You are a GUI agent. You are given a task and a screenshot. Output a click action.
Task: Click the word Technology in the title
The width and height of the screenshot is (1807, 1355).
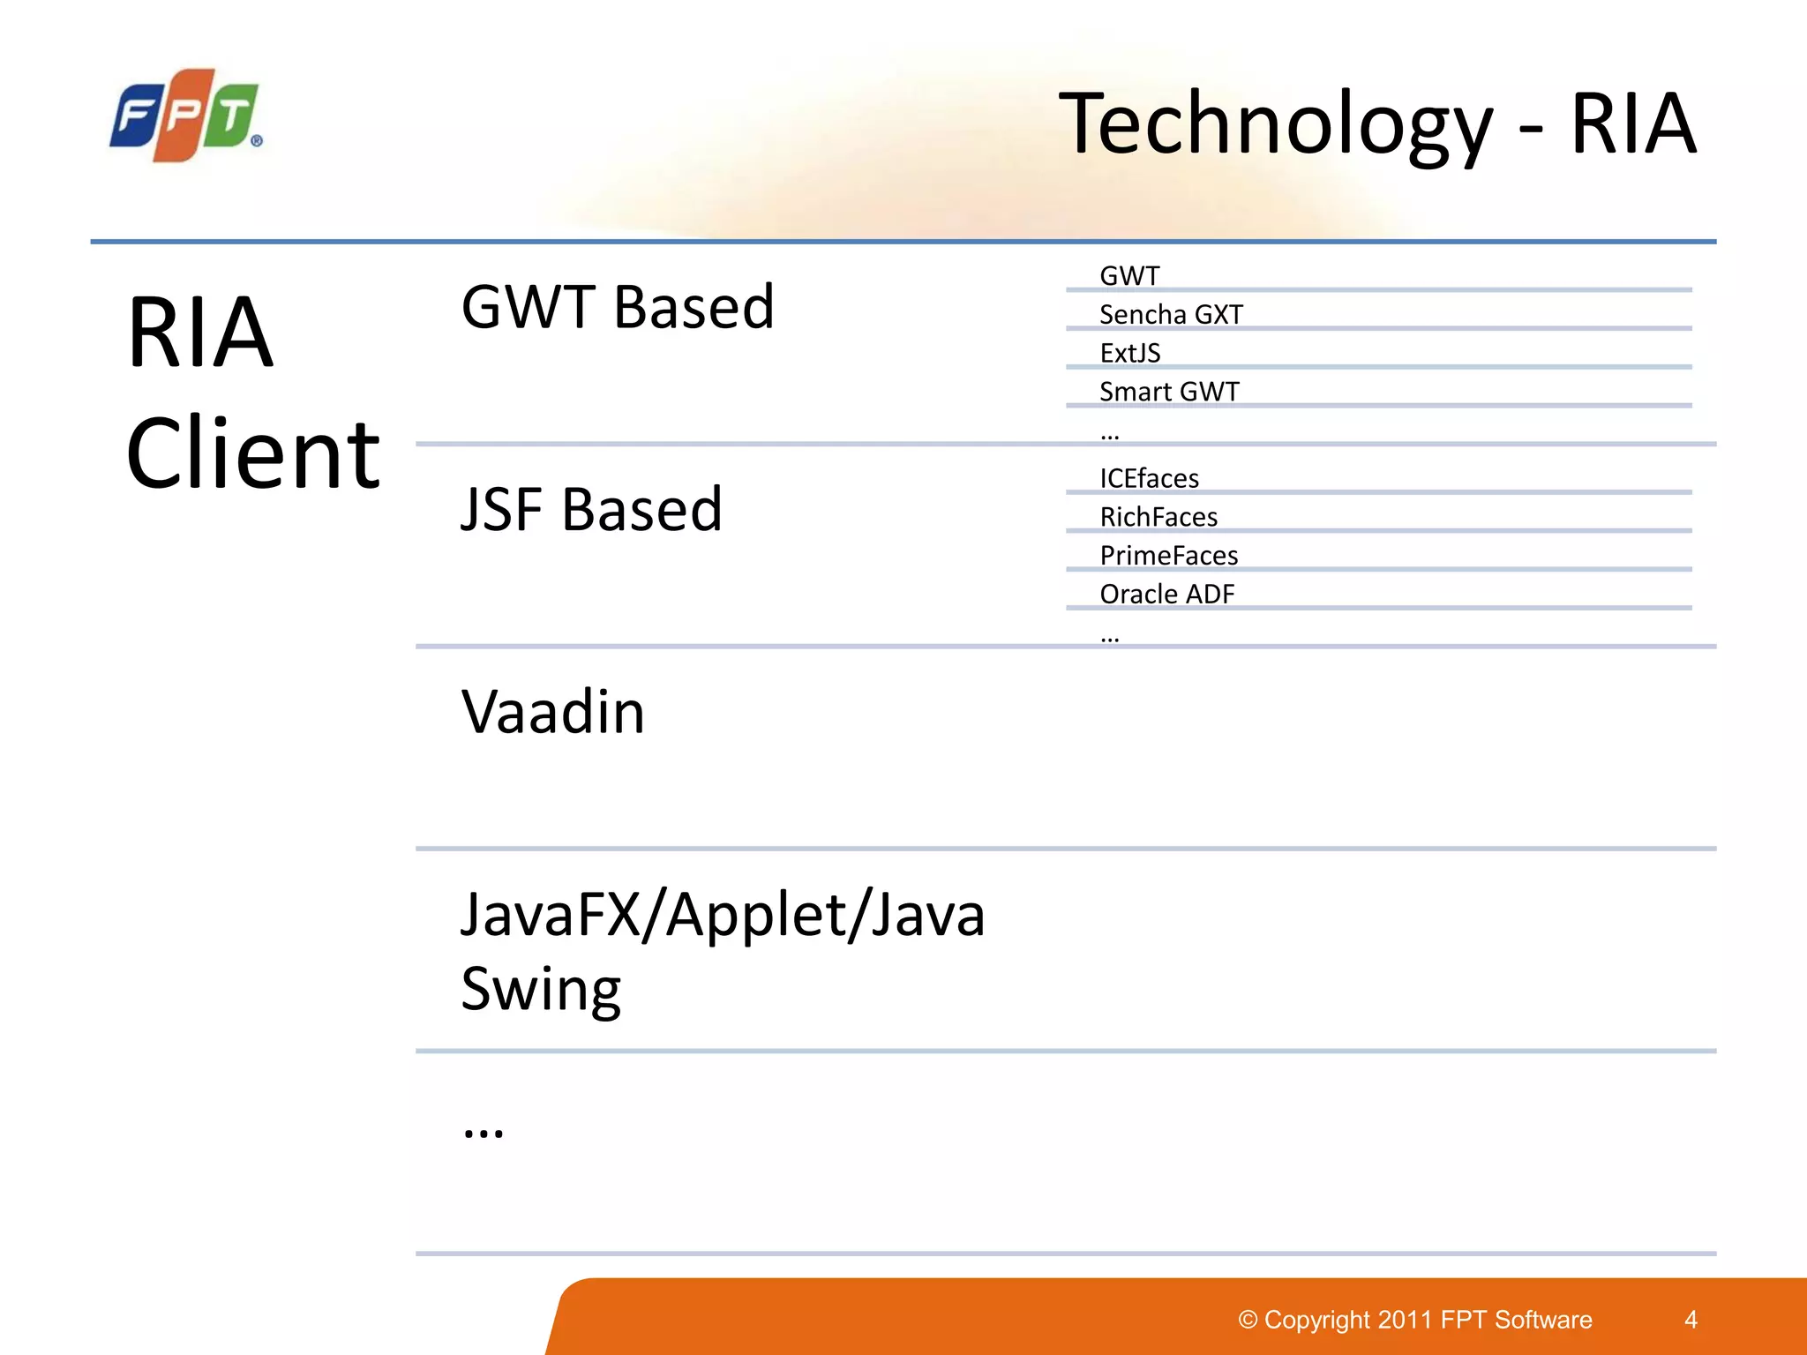click(x=1275, y=124)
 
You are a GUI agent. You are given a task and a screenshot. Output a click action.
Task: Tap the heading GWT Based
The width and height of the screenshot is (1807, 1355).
click(x=618, y=308)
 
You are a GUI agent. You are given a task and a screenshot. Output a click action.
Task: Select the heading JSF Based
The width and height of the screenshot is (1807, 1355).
click(x=591, y=510)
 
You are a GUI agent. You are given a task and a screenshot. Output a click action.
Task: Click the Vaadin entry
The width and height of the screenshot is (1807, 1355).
click(x=553, y=712)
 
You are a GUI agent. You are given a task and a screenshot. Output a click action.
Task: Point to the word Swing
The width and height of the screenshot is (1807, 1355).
click(x=541, y=990)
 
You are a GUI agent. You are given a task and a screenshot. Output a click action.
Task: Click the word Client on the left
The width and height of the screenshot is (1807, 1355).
click(x=253, y=454)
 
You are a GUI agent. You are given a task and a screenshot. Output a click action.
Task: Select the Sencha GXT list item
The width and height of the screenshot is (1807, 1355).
click(x=1171, y=315)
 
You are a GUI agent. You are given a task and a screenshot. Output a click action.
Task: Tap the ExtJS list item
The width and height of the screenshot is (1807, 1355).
click(x=1129, y=354)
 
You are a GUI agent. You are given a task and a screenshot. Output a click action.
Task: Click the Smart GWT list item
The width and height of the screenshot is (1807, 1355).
click(x=1169, y=392)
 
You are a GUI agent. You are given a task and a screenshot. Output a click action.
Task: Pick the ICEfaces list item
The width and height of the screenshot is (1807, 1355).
click(x=1149, y=479)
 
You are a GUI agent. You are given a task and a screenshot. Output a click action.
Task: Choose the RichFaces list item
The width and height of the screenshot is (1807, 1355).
click(x=1158, y=518)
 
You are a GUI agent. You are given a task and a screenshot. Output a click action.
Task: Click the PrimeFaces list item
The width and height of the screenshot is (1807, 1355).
click(x=1169, y=556)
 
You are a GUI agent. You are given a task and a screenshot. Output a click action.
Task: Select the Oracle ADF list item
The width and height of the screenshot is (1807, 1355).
click(x=1166, y=595)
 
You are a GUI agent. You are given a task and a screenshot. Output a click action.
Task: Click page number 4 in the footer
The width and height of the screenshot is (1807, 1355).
click(x=1691, y=1320)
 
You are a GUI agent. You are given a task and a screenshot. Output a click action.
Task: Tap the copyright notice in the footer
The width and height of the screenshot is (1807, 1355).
click(x=1415, y=1320)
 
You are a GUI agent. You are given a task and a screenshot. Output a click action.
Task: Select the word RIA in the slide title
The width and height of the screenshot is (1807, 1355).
click(x=1632, y=124)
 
